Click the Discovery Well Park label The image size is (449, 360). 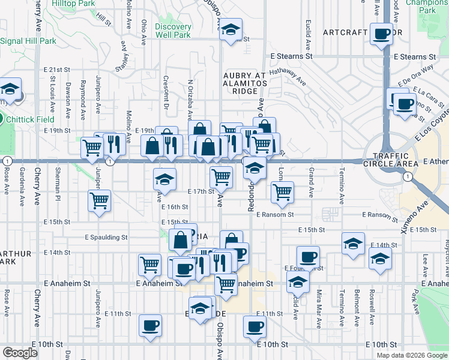click(173, 31)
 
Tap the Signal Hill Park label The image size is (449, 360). click(28, 41)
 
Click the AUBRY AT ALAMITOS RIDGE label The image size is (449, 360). click(244, 83)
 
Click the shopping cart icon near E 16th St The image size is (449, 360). click(99, 200)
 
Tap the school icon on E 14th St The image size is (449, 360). click(353, 242)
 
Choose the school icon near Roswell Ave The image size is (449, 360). click(380, 259)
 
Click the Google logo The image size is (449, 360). click(20, 353)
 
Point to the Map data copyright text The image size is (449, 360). click(411, 355)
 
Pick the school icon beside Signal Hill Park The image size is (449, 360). click(10, 89)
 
